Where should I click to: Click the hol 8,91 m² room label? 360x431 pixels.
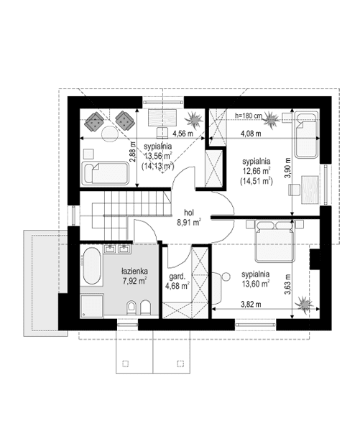tap(189, 218)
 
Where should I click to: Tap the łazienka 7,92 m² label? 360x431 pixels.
tap(134, 276)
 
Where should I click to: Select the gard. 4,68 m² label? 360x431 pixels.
tap(177, 281)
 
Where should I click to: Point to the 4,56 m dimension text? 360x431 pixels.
tap(183, 134)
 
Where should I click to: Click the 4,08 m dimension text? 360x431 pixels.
tap(251, 134)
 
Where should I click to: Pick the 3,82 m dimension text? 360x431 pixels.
tap(251, 305)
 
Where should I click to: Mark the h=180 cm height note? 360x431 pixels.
tap(249, 116)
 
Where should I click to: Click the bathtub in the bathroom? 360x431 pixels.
tap(92, 266)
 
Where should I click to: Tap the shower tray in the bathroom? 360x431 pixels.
tap(92, 306)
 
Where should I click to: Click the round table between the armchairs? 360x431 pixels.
tap(110, 134)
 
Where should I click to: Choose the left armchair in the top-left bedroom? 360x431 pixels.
tap(94, 121)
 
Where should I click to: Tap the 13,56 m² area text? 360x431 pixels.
tap(159, 156)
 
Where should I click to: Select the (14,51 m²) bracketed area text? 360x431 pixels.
tap(257, 181)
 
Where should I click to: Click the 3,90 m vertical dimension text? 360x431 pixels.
tap(287, 168)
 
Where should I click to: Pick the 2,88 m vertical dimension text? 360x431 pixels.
tap(133, 152)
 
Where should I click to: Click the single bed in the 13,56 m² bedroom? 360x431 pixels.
tap(105, 173)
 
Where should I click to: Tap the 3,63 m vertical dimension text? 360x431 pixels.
tap(287, 284)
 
